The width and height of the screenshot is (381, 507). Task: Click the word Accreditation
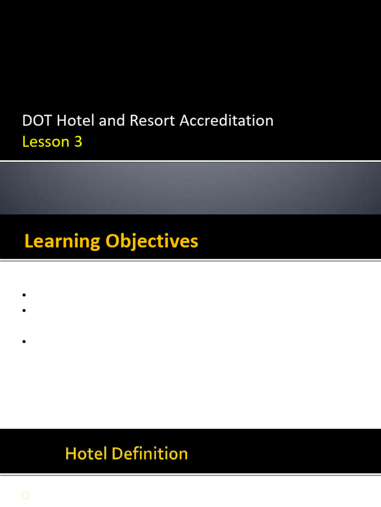coord(227,121)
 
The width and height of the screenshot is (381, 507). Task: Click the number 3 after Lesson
coord(78,142)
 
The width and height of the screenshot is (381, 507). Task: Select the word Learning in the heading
coord(62,242)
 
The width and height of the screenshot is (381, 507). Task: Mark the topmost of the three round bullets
coord(24,295)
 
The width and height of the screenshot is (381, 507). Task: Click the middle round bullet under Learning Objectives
coord(24,311)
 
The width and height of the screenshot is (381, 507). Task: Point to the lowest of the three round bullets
coord(24,342)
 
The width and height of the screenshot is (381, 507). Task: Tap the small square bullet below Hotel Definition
coord(26,495)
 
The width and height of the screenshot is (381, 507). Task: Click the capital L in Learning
coord(29,242)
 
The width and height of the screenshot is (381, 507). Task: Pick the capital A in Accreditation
coord(185,121)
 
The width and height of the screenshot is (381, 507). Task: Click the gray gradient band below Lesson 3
coord(190,188)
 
